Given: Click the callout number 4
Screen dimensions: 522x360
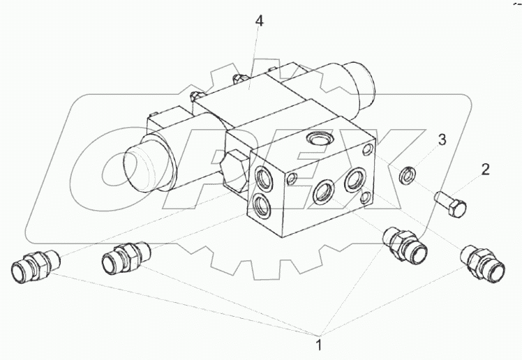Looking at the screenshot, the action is [x=259, y=21].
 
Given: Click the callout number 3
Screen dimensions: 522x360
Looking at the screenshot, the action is [x=442, y=140].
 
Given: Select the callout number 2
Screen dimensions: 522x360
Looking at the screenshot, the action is [x=486, y=170].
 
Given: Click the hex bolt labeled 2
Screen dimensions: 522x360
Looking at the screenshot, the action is [x=450, y=202].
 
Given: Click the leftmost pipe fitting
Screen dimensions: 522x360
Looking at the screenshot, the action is [x=36, y=266].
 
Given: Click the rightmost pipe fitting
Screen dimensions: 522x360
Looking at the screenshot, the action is [x=483, y=263].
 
